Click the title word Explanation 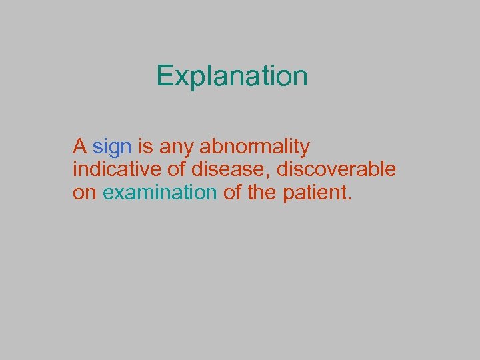[x=232, y=77]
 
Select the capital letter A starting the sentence [x=80, y=145]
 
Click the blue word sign [x=112, y=147]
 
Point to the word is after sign [x=145, y=145]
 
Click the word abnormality [x=255, y=147]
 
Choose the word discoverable [x=336, y=169]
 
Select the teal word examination [x=160, y=193]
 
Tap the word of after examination [x=233, y=193]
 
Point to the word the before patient [x=263, y=193]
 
